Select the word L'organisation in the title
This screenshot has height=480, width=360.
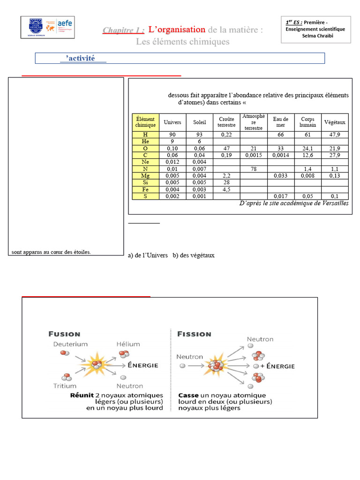(x=177, y=30)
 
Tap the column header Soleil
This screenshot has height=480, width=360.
(x=200, y=122)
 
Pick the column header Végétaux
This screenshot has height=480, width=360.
(x=335, y=122)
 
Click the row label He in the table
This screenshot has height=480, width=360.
(x=145, y=141)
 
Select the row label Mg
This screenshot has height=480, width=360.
(x=145, y=176)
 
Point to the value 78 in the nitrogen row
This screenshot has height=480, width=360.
(x=253, y=169)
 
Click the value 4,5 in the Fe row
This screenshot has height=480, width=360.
(x=226, y=189)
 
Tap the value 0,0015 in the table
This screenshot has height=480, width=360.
(x=253, y=155)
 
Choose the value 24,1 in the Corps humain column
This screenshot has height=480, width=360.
(x=307, y=148)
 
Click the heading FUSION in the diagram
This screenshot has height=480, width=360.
(x=65, y=334)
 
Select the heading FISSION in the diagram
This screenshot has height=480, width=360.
(x=194, y=334)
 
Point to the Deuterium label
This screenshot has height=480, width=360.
(x=70, y=344)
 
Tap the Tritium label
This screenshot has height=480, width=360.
(x=65, y=386)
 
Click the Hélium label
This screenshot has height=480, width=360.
(x=128, y=344)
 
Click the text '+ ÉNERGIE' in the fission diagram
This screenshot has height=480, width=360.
(x=278, y=366)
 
